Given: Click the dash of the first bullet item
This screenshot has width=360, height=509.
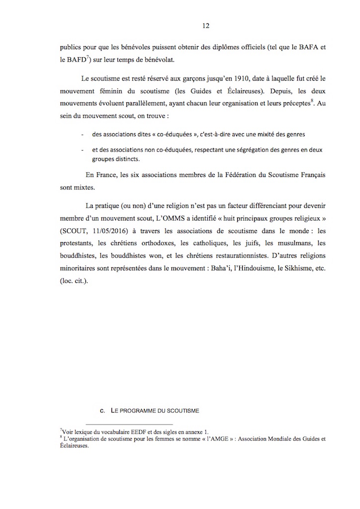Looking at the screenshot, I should [81, 134].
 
